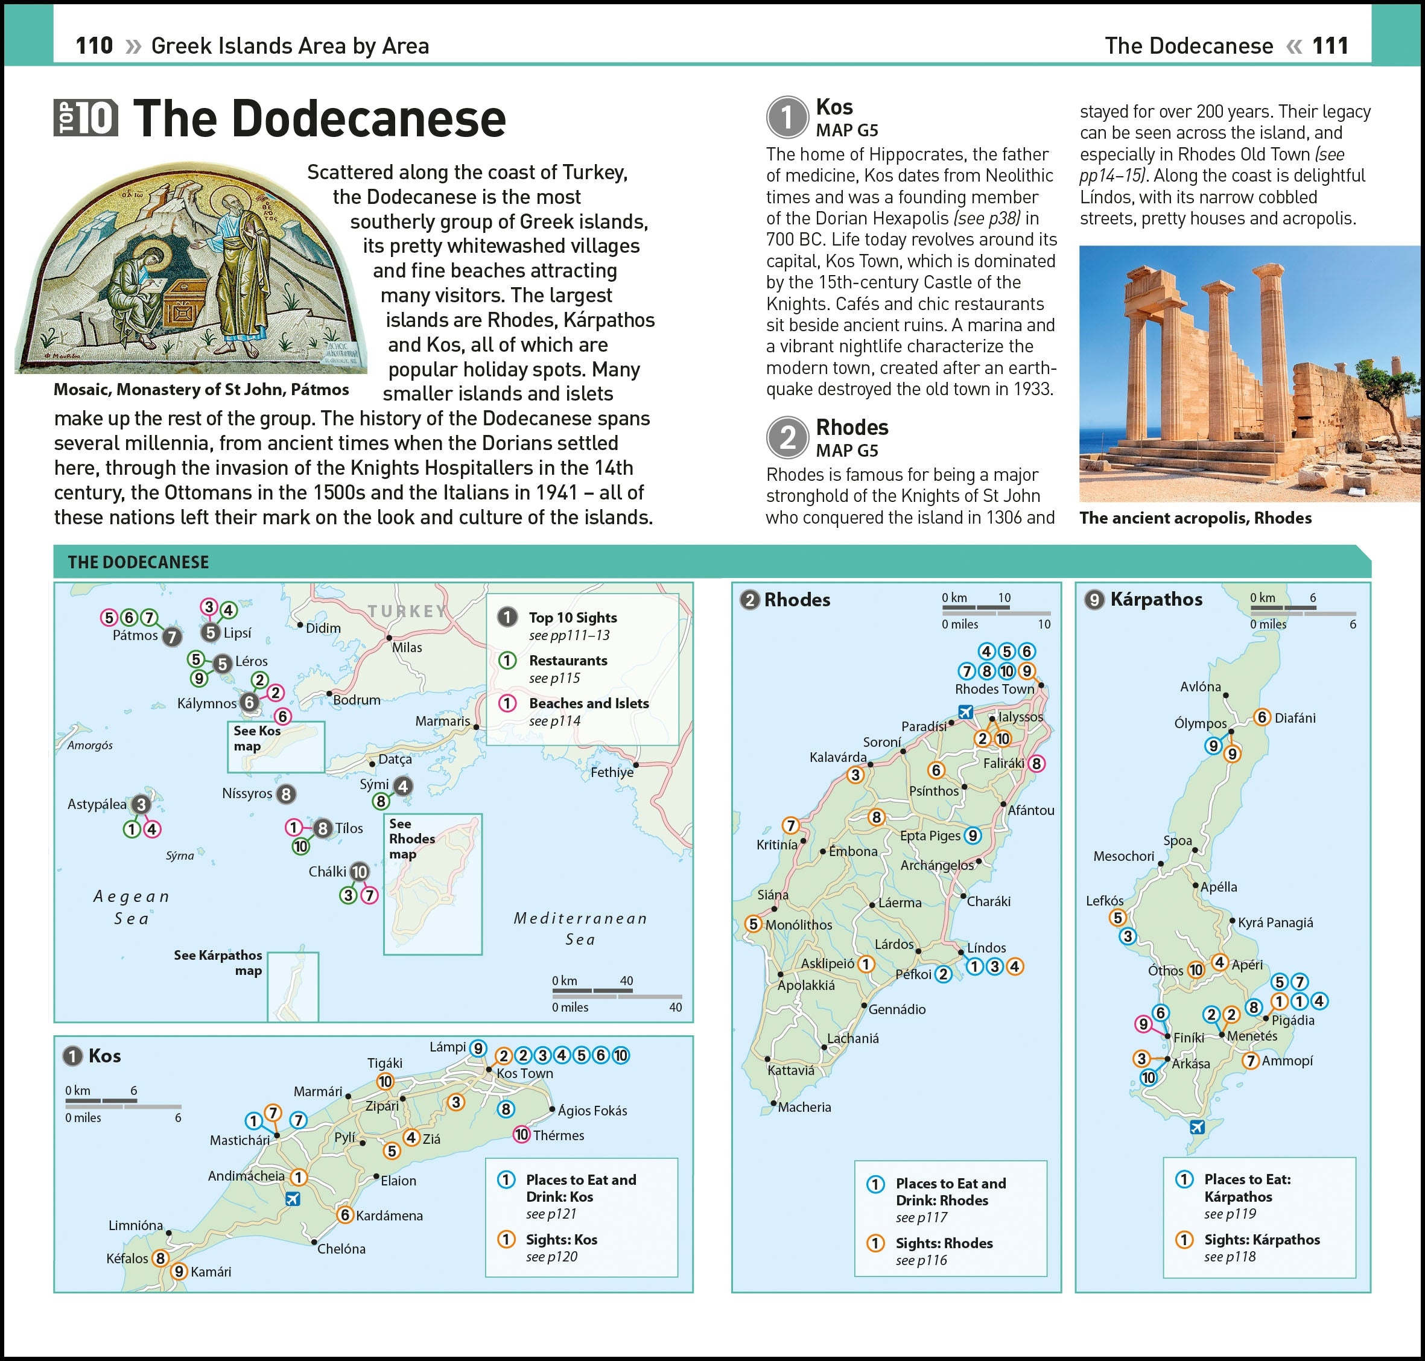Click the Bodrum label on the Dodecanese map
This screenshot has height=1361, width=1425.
(x=356, y=700)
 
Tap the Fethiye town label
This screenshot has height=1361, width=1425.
(x=612, y=772)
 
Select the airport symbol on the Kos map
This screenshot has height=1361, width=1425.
(x=293, y=1199)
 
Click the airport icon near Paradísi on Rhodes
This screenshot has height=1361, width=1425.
(x=965, y=712)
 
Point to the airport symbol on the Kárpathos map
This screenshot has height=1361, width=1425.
(x=1197, y=1127)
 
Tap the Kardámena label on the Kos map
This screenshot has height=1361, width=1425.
(x=389, y=1215)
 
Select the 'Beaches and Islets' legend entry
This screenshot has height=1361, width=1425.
(x=588, y=703)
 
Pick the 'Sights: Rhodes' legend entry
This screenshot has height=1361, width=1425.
(x=943, y=1243)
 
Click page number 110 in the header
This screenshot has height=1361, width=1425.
(x=94, y=46)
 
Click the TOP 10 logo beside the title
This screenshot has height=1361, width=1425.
(x=86, y=118)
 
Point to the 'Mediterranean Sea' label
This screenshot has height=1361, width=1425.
(x=580, y=928)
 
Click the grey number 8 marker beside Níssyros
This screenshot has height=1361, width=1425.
(x=286, y=795)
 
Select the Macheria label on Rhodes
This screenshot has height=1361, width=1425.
(x=804, y=1107)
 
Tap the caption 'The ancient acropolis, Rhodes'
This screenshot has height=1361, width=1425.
(x=1195, y=518)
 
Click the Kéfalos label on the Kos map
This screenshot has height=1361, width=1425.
(x=127, y=1258)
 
